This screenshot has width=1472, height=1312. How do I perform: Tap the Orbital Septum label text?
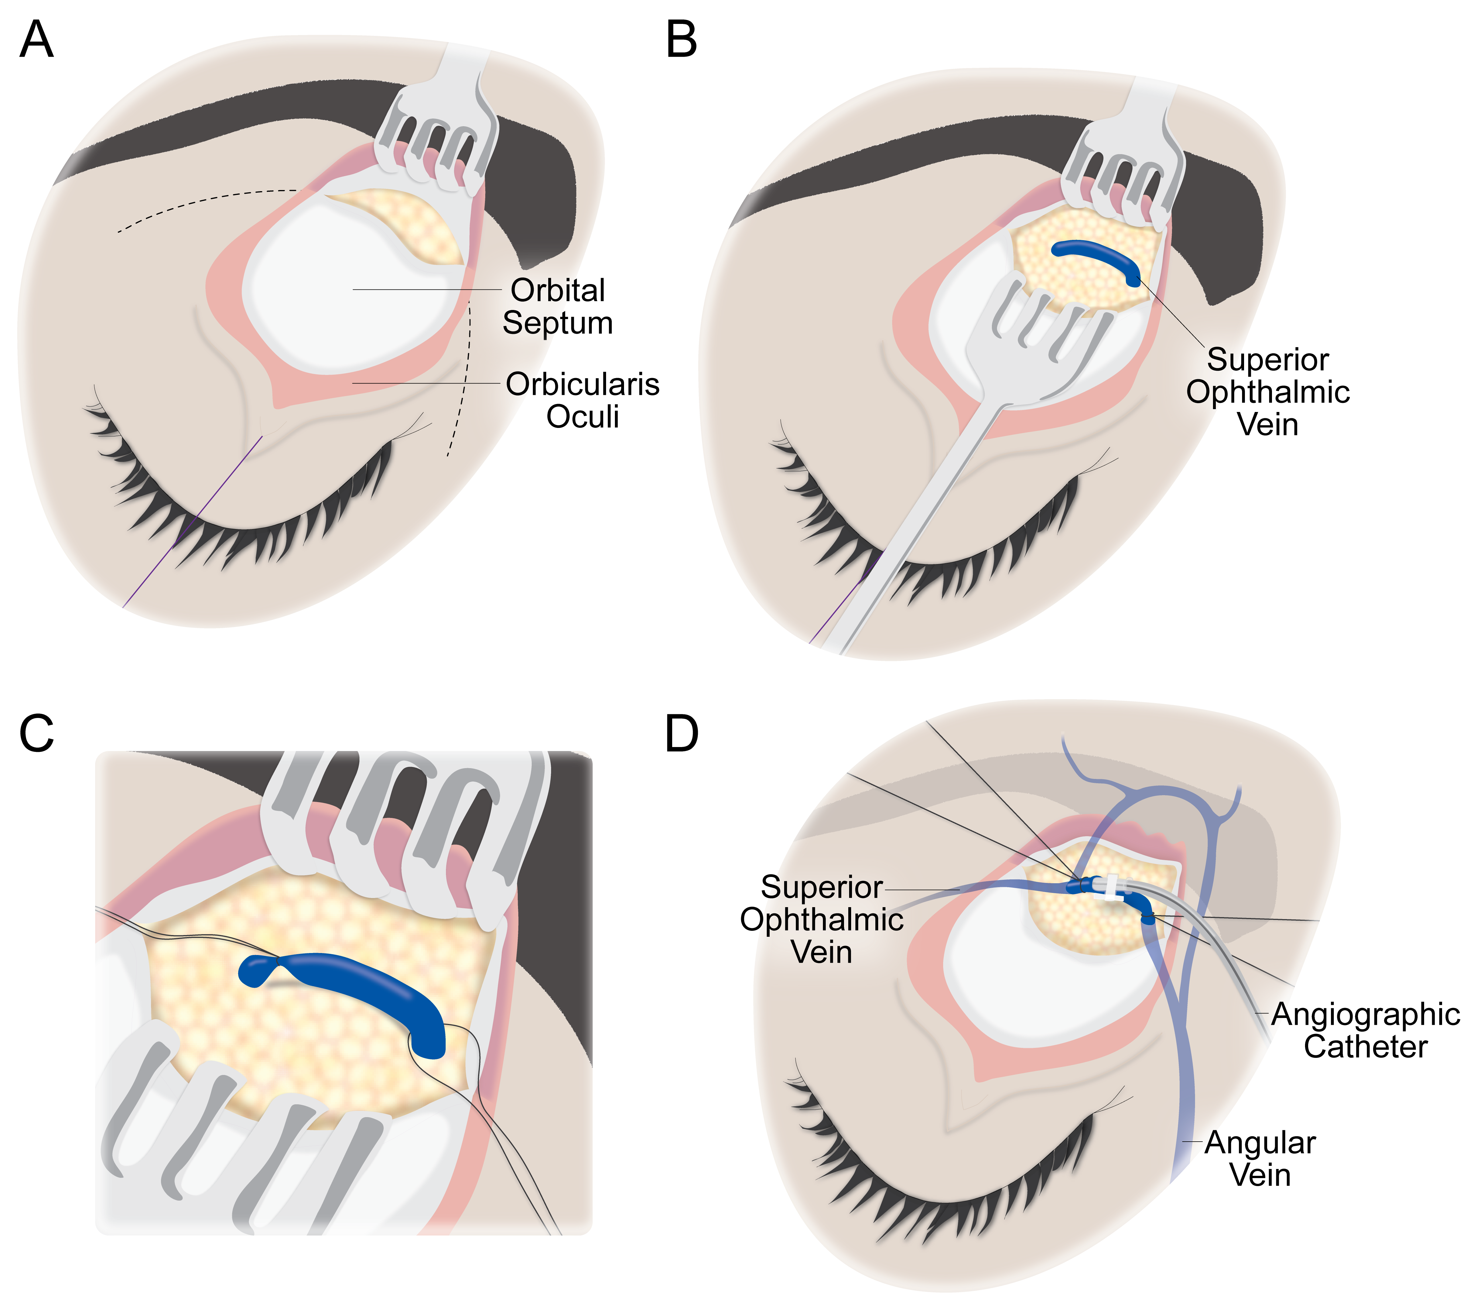click(557, 306)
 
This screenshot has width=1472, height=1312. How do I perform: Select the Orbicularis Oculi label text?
click(582, 400)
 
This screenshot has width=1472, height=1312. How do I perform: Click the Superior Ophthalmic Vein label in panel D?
click(822, 919)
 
